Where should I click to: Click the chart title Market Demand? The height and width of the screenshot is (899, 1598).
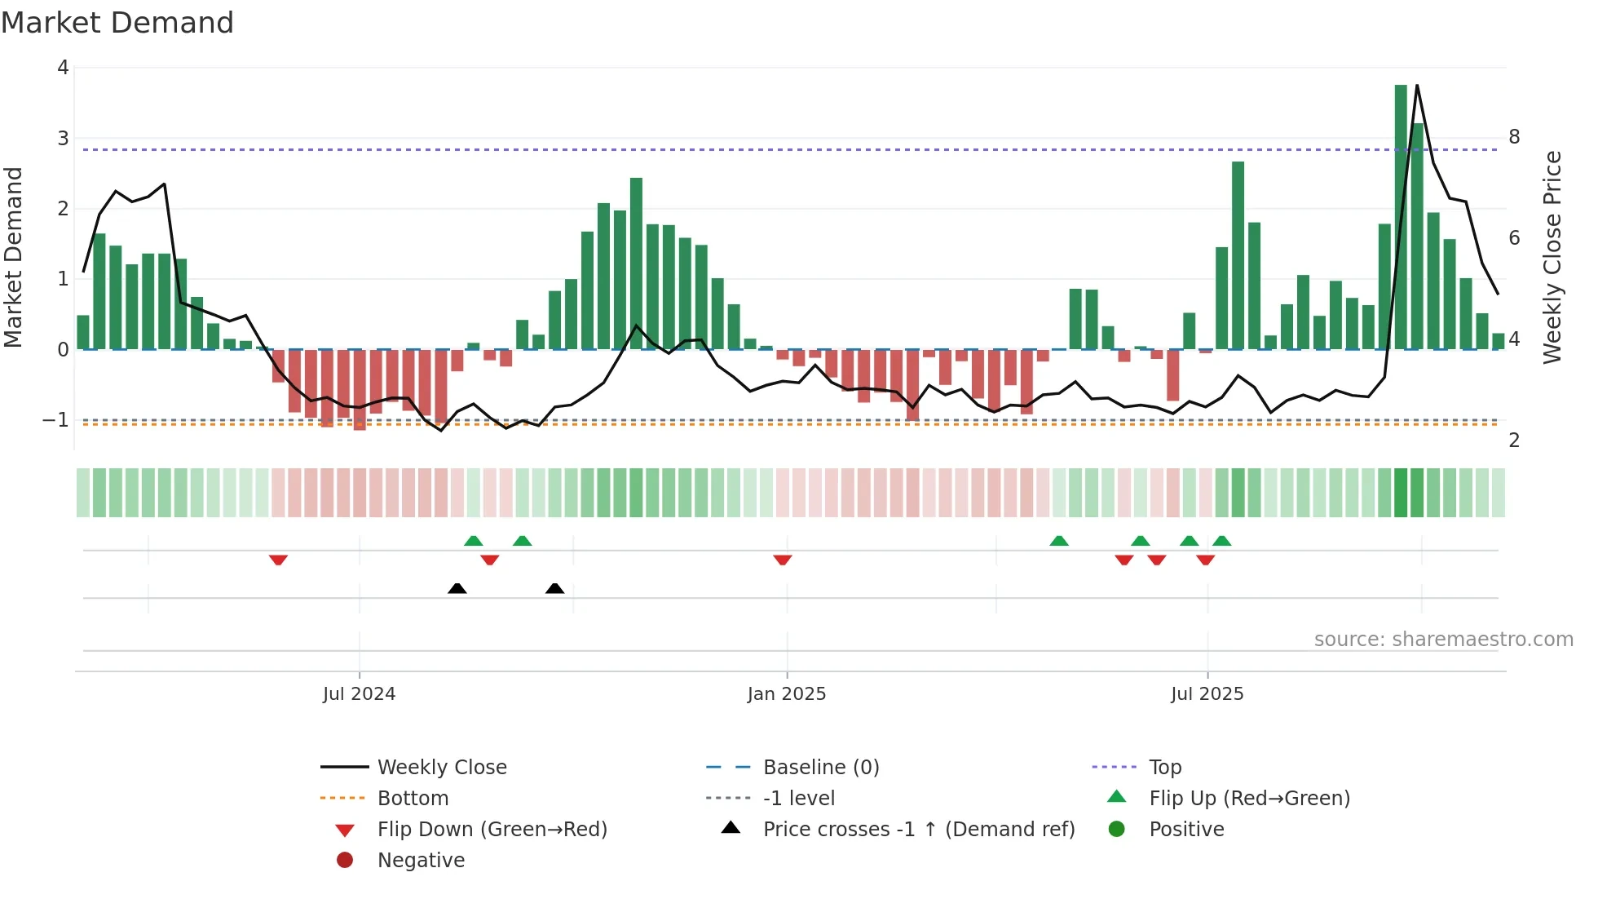tap(117, 23)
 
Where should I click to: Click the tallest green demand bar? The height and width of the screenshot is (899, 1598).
tap(1401, 216)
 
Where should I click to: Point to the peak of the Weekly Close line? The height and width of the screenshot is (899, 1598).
tap(1417, 86)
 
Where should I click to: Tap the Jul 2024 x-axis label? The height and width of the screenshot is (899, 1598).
tap(359, 694)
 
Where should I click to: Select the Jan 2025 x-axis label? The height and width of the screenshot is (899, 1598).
tap(787, 694)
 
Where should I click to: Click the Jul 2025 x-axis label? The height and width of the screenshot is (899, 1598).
tap(1207, 694)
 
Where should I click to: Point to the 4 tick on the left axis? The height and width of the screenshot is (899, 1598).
tap(63, 68)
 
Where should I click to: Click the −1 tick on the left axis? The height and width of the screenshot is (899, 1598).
tap(55, 420)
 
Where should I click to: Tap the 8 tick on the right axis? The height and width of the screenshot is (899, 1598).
tap(1514, 137)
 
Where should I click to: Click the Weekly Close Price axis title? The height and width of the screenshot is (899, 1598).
tap(1552, 257)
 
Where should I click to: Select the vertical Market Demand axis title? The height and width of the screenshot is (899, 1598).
tap(14, 257)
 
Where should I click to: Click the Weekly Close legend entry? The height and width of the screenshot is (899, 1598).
tap(441, 768)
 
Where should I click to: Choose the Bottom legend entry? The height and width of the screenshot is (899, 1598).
tap(413, 799)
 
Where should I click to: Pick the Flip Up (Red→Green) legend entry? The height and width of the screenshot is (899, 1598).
tap(1249, 799)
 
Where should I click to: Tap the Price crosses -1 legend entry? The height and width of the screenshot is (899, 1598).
tap(918, 830)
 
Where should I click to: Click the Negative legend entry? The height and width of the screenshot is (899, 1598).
tap(421, 861)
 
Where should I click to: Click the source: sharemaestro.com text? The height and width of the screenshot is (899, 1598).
tap(1443, 640)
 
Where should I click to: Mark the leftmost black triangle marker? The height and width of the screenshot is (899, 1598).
tap(457, 588)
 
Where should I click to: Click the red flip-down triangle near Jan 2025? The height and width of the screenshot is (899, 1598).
tap(783, 560)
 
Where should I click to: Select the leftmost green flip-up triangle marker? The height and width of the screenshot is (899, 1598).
tap(473, 540)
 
